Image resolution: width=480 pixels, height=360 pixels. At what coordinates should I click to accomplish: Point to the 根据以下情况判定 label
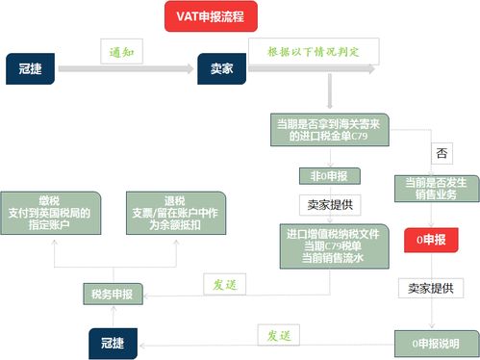314,49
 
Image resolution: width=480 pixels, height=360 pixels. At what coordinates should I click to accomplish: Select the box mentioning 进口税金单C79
330,130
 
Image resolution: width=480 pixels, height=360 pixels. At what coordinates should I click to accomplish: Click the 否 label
442,154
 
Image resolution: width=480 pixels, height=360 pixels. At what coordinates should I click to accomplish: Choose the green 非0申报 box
329,175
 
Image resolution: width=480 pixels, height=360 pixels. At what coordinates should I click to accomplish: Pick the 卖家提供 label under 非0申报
329,204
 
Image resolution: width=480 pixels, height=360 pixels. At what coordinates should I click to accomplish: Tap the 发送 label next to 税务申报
228,285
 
